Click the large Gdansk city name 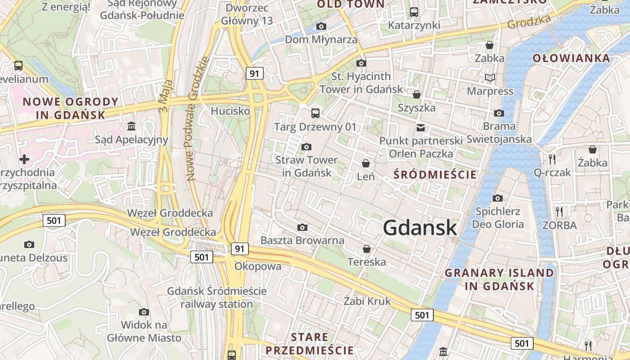[x=420, y=228]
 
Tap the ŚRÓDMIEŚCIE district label [x=435, y=174]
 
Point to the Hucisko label [x=230, y=111]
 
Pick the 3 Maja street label [x=165, y=95]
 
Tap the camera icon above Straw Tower [x=306, y=147]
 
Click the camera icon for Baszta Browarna [x=302, y=227]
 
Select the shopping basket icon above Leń [x=366, y=163]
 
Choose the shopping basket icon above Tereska [x=367, y=249]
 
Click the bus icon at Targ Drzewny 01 [x=315, y=113]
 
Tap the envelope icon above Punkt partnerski [x=420, y=127]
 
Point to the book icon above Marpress [x=490, y=78]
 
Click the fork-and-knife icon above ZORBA [x=559, y=211]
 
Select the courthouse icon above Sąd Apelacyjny [x=131, y=126]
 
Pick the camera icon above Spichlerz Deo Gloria [x=497, y=198]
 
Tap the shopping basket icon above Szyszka [x=417, y=94]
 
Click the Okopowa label [x=258, y=266]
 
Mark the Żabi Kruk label [x=367, y=301]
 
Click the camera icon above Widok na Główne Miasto [x=144, y=312]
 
